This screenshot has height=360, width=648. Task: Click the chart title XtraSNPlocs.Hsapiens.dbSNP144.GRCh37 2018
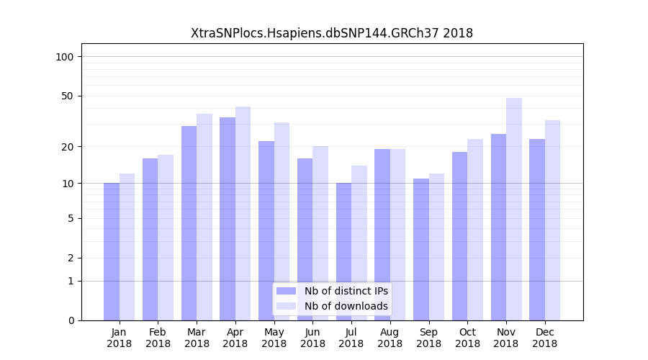(x=332, y=33)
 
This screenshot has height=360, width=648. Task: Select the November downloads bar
(x=514, y=209)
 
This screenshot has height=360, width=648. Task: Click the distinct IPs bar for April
(x=228, y=219)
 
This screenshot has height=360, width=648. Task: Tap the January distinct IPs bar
(x=112, y=251)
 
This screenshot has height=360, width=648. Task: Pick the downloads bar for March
(x=204, y=217)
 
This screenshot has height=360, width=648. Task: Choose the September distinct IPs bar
(x=421, y=249)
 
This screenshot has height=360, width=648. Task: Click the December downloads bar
(x=552, y=220)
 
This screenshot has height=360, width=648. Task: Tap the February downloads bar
(x=166, y=238)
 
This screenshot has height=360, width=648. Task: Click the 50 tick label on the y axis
(x=67, y=96)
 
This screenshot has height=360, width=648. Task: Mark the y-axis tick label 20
(x=67, y=147)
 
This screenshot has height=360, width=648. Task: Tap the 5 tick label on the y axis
(x=70, y=218)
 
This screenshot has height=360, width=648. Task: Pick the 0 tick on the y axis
(x=70, y=320)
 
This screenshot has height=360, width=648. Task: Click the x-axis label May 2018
(x=274, y=338)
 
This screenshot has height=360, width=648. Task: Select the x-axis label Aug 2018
(x=390, y=338)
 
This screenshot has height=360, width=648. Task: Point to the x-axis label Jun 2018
(x=312, y=338)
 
